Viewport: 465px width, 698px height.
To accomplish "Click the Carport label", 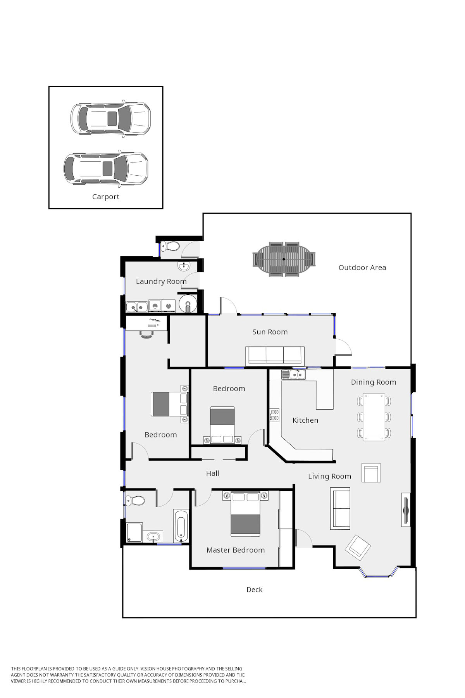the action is click(x=105, y=197).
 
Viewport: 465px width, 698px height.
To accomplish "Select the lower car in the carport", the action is click(x=106, y=168).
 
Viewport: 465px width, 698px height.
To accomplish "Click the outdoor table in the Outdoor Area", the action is click(x=284, y=259).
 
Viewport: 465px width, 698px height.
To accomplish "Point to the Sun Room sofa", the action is click(x=275, y=355).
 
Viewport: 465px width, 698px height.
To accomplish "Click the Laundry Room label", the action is click(x=161, y=281).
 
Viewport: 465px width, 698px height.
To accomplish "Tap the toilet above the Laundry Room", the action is click(x=169, y=245).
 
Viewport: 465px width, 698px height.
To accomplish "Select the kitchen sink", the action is click(x=293, y=374).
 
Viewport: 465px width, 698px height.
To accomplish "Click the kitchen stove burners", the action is click(x=275, y=415).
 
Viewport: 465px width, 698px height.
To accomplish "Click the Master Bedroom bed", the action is click(x=245, y=514).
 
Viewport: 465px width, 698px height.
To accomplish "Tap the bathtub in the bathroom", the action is click(x=181, y=526).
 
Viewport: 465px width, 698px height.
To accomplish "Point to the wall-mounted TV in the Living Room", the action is click(x=405, y=510).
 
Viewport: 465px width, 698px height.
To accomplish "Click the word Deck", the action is click(x=255, y=589).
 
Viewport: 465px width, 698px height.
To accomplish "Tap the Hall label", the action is click(x=213, y=473).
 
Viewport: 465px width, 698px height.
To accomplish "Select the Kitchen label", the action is click(x=305, y=420).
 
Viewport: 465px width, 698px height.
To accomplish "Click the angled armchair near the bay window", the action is click(x=358, y=548).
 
